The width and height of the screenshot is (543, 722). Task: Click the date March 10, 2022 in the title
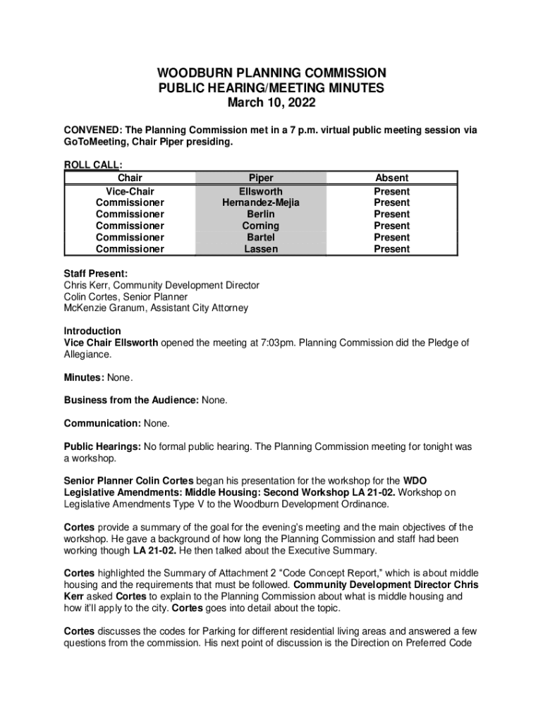(x=271, y=103)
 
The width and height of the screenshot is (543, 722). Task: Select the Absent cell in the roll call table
(x=391, y=178)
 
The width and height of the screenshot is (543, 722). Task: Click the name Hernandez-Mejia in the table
(x=260, y=202)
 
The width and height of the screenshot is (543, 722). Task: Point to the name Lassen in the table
(x=260, y=249)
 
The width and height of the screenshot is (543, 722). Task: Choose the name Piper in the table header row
(x=260, y=178)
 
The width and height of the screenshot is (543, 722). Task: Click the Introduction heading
(x=92, y=331)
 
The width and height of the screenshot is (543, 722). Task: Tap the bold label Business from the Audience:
(x=131, y=400)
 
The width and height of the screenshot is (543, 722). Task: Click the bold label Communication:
(x=102, y=424)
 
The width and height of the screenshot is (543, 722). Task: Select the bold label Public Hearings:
(x=103, y=447)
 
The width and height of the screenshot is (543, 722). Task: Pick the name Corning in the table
(x=260, y=226)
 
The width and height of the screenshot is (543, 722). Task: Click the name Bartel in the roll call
(x=260, y=238)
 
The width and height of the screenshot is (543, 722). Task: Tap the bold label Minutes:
(x=84, y=377)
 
